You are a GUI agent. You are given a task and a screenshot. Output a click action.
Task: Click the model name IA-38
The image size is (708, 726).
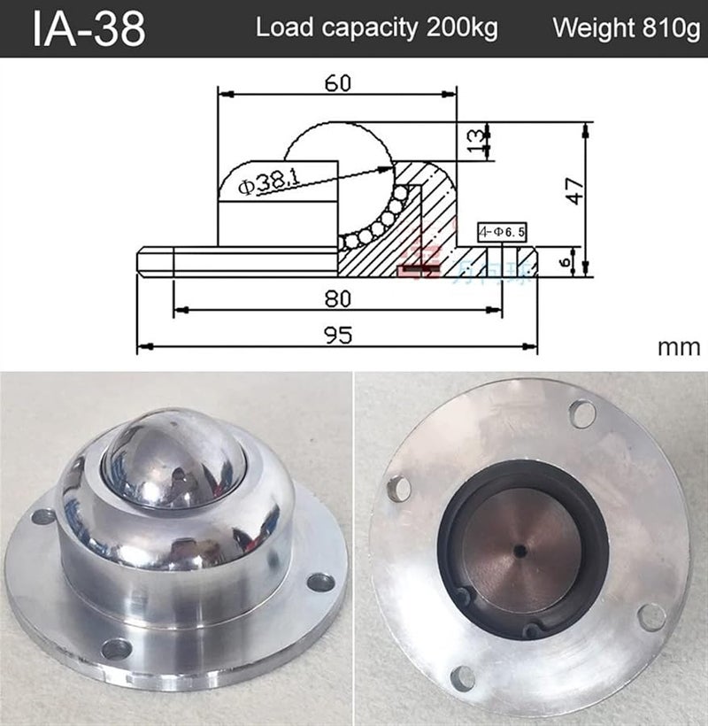(88, 28)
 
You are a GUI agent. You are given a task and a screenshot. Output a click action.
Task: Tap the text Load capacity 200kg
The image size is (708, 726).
(377, 27)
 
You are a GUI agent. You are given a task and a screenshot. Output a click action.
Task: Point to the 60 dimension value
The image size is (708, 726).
(337, 82)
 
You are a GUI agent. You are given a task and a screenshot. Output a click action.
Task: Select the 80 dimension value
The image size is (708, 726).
(337, 298)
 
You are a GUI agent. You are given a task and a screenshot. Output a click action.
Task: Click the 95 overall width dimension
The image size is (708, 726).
(337, 334)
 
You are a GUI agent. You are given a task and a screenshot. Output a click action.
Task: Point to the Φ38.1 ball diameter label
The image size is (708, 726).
(269, 182)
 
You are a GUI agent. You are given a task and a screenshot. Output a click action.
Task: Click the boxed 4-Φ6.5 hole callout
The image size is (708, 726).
(502, 232)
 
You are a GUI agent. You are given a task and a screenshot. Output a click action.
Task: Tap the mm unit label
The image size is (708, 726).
(679, 346)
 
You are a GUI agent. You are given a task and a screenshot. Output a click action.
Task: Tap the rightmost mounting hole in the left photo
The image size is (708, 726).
(320, 582)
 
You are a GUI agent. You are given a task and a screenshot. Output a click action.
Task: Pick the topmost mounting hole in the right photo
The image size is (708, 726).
(581, 413)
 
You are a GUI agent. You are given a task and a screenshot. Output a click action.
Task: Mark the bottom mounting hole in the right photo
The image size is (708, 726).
(462, 678)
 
